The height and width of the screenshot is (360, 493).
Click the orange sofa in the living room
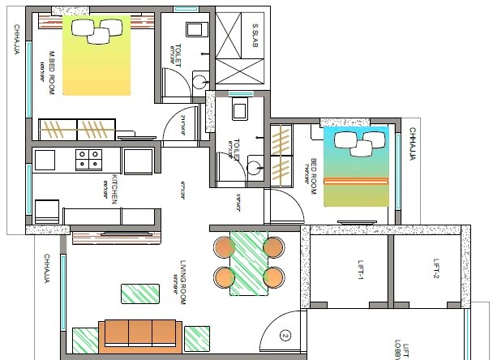[x=139, y=334]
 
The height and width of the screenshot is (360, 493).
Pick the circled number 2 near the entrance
[x=285, y=334]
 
